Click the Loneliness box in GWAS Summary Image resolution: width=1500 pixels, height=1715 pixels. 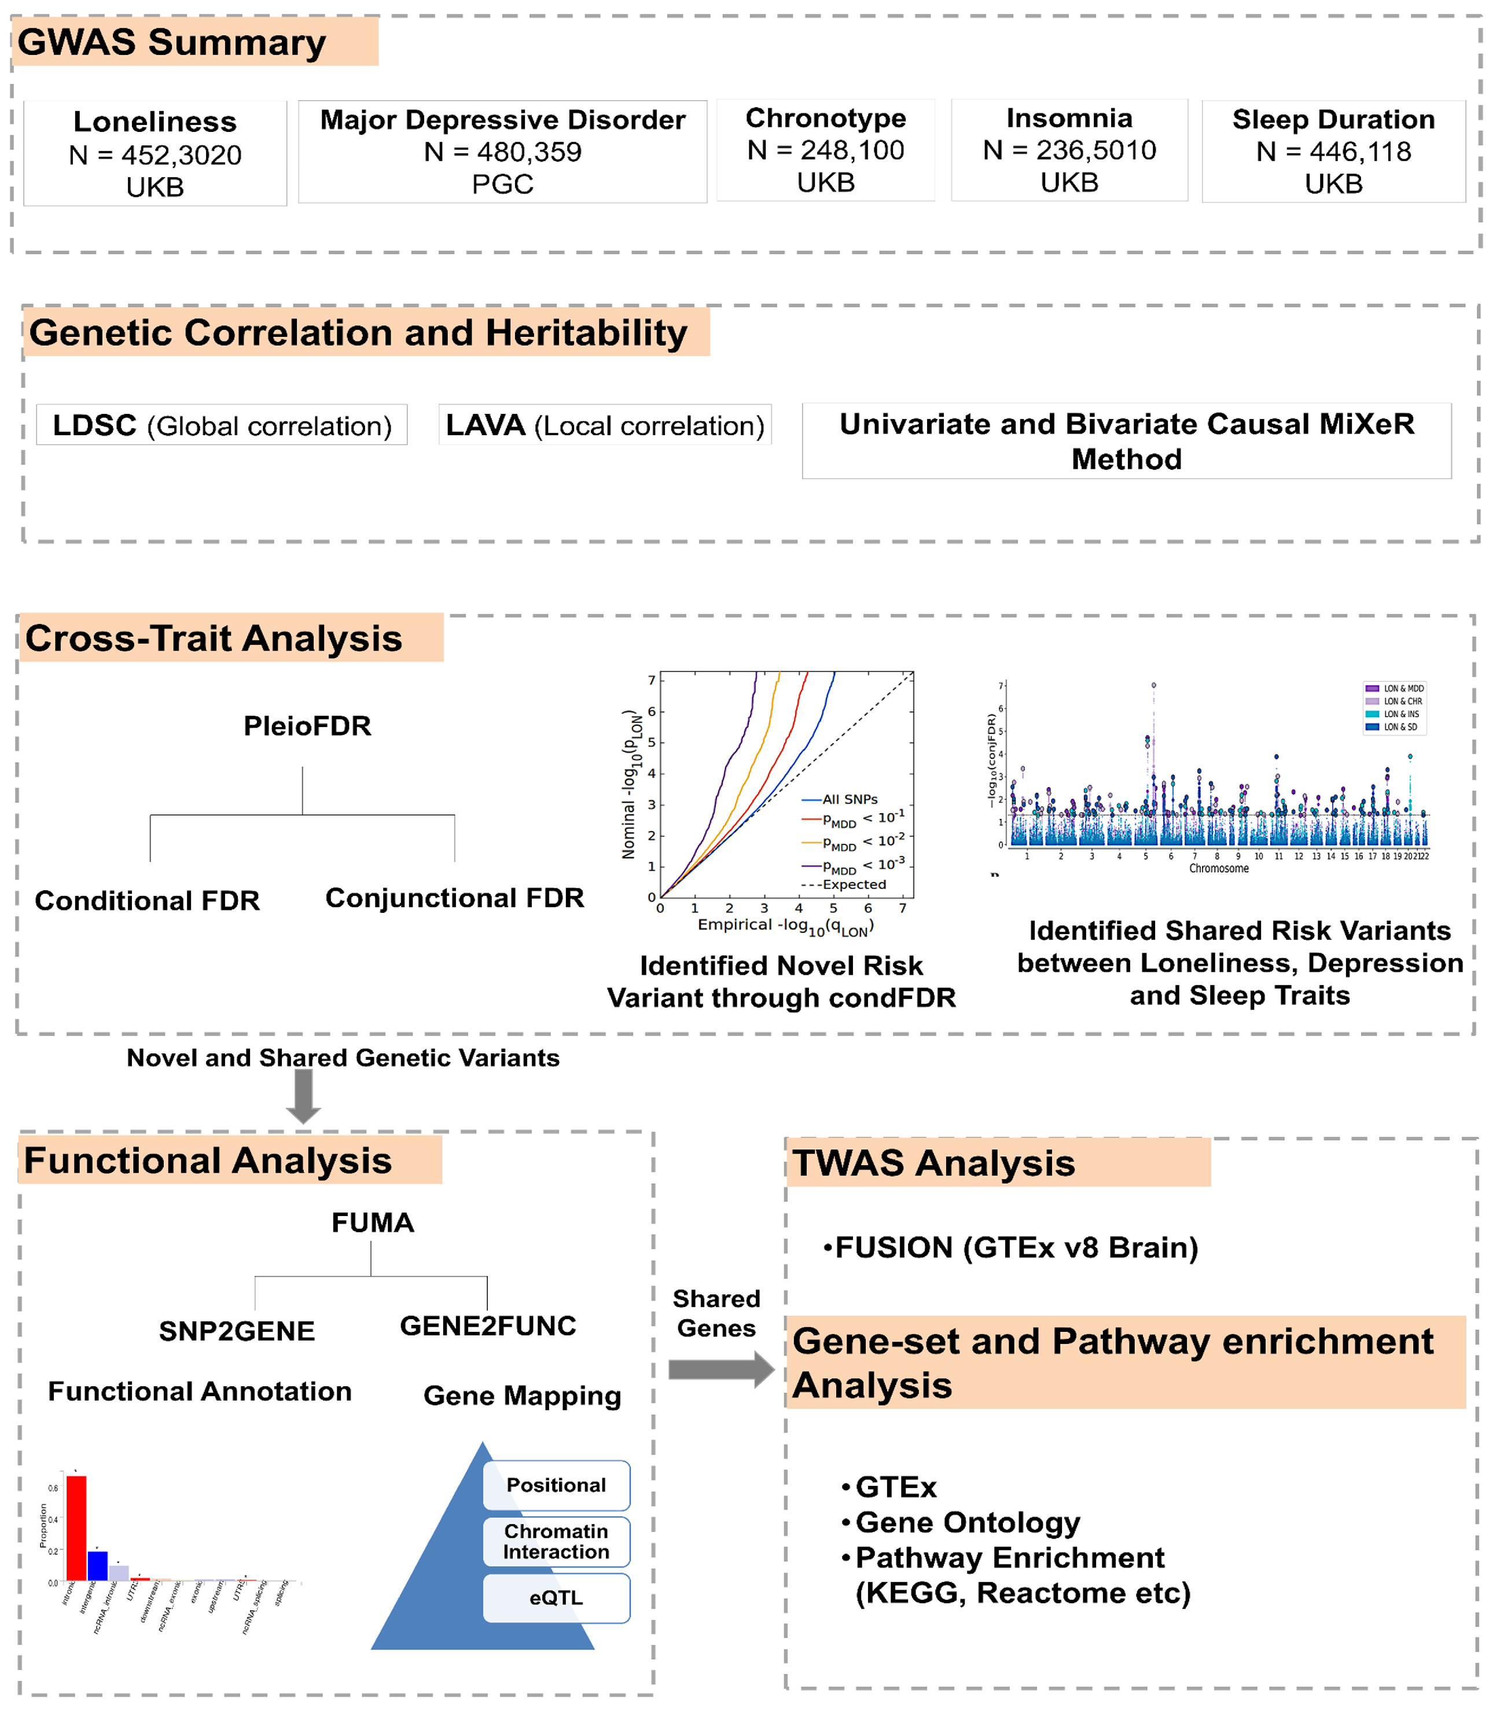155,154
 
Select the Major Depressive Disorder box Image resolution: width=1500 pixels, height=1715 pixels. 502,152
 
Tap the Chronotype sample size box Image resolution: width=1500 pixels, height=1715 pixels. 825,150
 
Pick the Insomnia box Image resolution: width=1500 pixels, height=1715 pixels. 1069,150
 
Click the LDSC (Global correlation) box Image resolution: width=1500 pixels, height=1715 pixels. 222,425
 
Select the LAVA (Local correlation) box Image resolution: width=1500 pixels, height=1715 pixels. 604,425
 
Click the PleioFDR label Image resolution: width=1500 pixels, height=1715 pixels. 307,726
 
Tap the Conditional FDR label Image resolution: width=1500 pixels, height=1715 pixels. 148,901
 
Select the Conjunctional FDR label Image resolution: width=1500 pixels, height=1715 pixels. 454,898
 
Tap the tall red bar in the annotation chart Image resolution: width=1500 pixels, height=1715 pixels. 76,1527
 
